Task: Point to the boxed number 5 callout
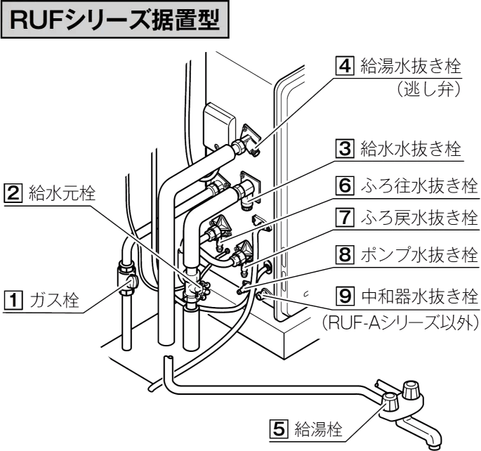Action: (x=279, y=427)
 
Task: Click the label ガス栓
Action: (x=51, y=301)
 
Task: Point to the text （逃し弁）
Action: (x=426, y=89)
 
